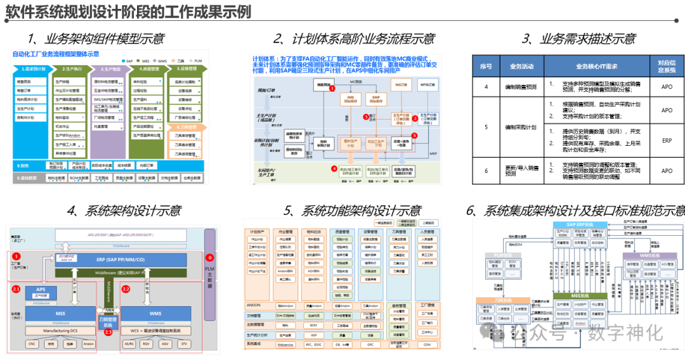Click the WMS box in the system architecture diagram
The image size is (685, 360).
point(155,314)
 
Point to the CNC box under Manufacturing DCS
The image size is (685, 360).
point(32,344)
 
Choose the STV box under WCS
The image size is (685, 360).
point(184,344)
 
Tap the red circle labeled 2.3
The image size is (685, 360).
point(108,331)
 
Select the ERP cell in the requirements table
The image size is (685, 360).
point(667,141)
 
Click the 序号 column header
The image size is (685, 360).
point(486,66)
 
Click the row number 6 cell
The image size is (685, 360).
point(486,170)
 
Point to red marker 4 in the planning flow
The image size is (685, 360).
point(334,169)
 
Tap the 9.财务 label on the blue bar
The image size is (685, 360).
point(23,165)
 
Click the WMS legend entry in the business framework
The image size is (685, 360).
point(161,60)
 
